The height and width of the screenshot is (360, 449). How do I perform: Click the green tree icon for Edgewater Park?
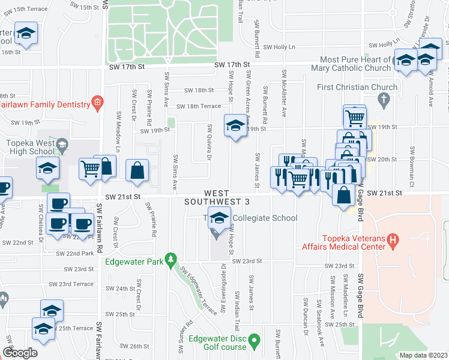171,259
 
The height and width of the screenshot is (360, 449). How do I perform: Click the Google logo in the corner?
19,353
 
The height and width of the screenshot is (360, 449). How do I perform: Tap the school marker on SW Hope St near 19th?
234,126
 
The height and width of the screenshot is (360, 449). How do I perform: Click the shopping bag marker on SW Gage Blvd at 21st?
344,196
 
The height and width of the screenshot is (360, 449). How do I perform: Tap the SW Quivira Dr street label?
209,143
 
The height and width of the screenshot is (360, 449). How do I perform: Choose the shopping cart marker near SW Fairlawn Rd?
90,169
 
